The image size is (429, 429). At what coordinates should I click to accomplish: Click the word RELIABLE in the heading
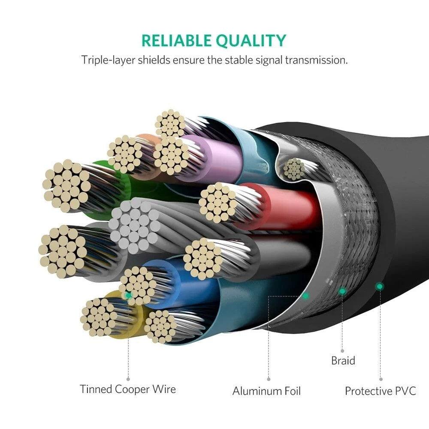[x=176, y=41]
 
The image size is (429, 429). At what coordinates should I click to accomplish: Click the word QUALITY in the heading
[x=251, y=41]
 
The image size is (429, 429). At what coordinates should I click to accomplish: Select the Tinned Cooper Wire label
[x=128, y=389]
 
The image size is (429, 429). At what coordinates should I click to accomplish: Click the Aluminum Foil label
[x=266, y=391]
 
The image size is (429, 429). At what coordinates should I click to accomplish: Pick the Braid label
[x=343, y=360]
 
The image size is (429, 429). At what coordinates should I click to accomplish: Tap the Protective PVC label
[x=381, y=391]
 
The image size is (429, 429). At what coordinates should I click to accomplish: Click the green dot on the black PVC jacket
[x=379, y=286]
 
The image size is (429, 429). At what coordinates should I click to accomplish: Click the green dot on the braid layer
[x=342, y=291]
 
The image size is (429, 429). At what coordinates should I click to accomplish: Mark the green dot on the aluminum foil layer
[x=305, y=296]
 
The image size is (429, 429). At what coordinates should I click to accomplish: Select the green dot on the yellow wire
[x=128, y=296]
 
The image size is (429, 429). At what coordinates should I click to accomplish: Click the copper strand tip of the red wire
[x=218, y=202]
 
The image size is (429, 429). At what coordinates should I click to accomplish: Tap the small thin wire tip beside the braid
[x=294, y=169]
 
